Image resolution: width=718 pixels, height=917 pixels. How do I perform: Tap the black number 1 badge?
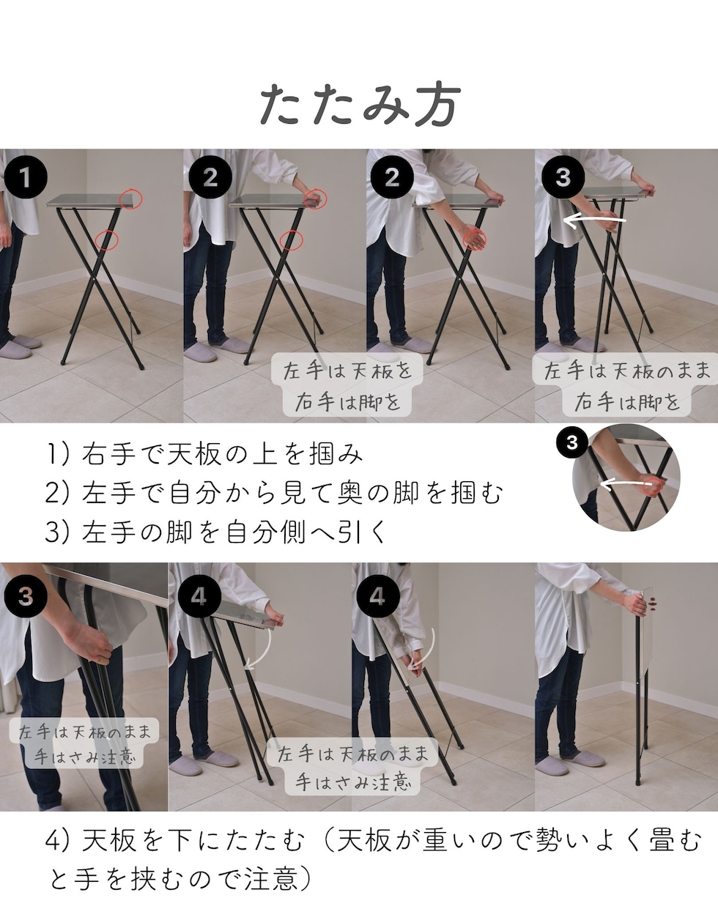click(x=26, y=177)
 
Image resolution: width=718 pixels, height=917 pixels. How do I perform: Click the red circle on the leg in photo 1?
click(x=106, y=240)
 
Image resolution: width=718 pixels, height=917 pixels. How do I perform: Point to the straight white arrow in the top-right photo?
click(x=594, y=220)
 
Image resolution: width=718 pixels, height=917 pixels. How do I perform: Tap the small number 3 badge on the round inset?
click(x=572, y=442)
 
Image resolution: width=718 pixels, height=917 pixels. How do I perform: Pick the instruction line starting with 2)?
click(x=274, y=493)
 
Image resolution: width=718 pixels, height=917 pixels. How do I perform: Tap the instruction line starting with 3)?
click(x=215, y=532)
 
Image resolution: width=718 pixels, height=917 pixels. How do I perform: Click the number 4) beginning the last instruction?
click(x=56, y=841)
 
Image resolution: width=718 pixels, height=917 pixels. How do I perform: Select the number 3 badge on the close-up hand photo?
click(x=26, y=596)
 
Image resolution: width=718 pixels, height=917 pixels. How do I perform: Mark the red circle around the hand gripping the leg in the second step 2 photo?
click(x=475, y=240)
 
